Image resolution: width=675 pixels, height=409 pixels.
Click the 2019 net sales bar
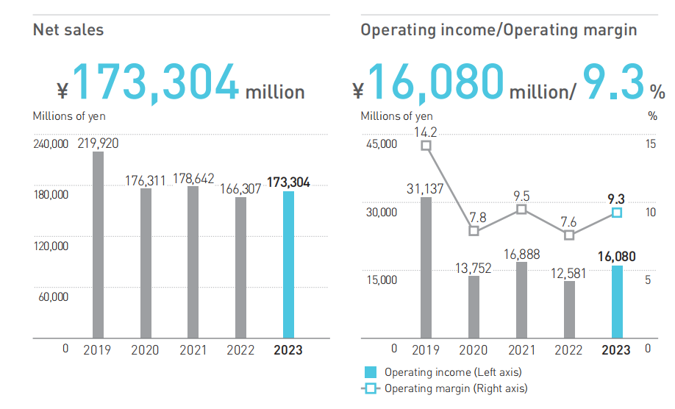click(98, 245)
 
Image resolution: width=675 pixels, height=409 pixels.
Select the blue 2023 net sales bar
click(288, 265)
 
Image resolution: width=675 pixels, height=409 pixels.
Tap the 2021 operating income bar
click(521, 300)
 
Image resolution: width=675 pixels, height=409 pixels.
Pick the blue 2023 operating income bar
click(617, 302)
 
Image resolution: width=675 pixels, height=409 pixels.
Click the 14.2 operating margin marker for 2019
click(426, 146)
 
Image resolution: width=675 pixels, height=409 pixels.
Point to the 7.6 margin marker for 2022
click(569, 235)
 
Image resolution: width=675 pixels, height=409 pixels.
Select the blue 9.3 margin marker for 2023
click(617, 213)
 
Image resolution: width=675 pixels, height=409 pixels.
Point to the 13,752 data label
click(474, 268)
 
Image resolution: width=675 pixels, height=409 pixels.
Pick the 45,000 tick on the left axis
click(381, 144)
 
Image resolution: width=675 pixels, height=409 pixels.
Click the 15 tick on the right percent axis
click(651, 144)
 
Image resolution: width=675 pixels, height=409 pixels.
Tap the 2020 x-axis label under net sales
click(145, 350)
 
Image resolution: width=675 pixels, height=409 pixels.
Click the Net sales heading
click(68, 30)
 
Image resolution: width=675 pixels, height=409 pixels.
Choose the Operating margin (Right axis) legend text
click(456, 388)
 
